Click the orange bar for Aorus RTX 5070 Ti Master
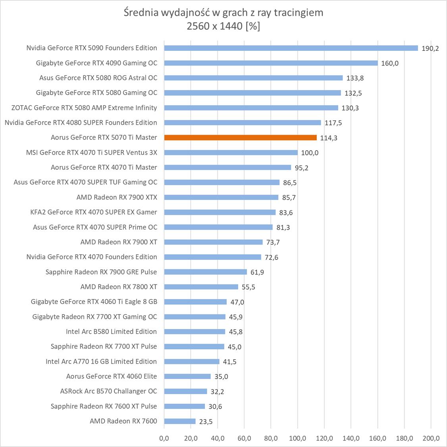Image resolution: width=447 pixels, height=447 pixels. point(240,137)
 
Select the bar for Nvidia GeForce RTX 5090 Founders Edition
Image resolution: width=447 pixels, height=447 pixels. point(291,48)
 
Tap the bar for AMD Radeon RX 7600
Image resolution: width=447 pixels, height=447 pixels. point(179,421)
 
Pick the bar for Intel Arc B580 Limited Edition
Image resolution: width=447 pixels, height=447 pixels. point(195,332)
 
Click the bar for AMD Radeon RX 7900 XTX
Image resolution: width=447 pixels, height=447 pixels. point(221,197)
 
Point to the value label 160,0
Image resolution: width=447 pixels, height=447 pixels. point(390,63)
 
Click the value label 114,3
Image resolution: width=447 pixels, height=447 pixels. point(329,138)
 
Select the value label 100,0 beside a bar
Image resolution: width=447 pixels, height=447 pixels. point(310,153)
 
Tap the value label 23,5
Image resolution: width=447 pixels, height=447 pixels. point(206,422)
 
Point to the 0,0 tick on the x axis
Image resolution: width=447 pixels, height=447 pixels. point(164,438)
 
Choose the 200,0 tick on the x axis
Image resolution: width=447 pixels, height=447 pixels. point(431,438)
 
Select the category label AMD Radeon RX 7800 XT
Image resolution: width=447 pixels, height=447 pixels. point(119,286)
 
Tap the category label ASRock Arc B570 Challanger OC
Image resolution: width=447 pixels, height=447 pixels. point(108,391)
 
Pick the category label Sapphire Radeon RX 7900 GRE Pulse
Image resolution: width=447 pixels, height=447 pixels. point(101,272)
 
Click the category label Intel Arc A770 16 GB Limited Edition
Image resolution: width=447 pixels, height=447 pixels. point(101,361)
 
